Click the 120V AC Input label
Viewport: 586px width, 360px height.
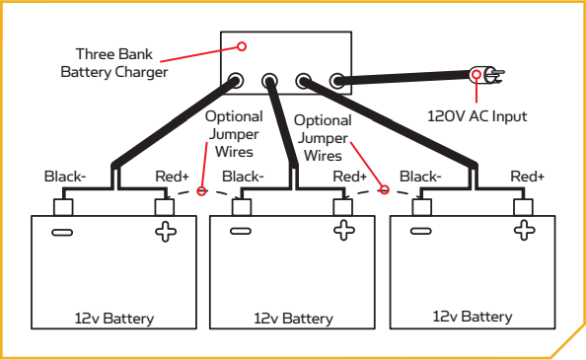click(476, 116)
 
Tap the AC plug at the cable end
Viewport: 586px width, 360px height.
click(486, 75)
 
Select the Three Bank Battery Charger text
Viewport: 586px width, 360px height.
click(114, 63)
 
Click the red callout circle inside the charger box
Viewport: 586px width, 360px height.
click(242, 46)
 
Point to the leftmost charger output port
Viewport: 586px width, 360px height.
click(236, 80)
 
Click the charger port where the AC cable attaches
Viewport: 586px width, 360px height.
click(337, 81)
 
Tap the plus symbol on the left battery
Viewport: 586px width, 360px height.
click(166, 232)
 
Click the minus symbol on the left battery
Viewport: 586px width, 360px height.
click(62, 233)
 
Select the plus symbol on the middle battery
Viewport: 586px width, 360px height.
click(344, 230)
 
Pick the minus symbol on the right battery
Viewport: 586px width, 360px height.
click(421, 231)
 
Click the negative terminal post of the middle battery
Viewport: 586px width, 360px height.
click(242, 207)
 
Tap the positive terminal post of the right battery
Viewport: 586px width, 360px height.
click(523, 207)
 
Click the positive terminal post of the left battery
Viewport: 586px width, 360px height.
click(165, 207)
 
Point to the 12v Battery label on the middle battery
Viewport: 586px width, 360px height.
click(293, 319)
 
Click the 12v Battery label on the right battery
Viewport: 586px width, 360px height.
click(473, 317)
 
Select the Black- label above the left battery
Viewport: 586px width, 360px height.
click(65, 177)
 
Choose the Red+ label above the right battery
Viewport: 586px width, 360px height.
click(528, 177)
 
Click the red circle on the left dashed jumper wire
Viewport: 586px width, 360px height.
click(201, 191)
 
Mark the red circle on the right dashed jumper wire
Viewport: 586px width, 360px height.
click(384, 189)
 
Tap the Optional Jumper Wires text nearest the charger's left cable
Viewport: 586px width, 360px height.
click(234, 134)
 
